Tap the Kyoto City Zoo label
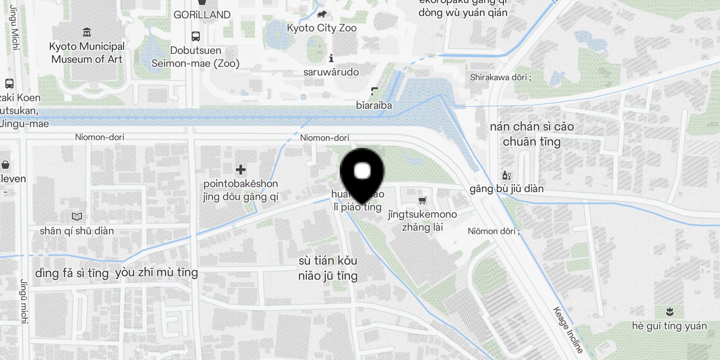pyautogui.click(x=322, y=28)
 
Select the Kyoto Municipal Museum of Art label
pyautogui.click(x=87, y=53)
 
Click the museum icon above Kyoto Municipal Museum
pyautogui.click(x=87, y=32)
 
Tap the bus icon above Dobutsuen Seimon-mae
pyautogui.click(x=195, y=36)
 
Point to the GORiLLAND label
pyautogui.click(x=202, y=15)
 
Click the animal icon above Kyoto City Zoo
pyautogui.click(x=321, y=15)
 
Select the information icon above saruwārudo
pyautogui.click(x=331, y=58)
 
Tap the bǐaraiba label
pyautogui.click(x=374, y=105)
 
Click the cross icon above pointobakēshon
pyautogui.click(x=241, y=169)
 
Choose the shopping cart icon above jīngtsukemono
pyautogui.click(x=422, y=200)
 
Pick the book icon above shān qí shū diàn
pyautogui.click(x=77, y=217)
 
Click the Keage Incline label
pyautogui.click(x=568, y=330)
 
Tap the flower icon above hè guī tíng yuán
pyautogui.click(x=670, y=311)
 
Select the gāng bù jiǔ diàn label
pyautogui.click(x=507, y=189)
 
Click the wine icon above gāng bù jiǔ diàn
pyautogui.click(x=507, y=175)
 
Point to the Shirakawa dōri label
pyautogui.click(x=500, y=77)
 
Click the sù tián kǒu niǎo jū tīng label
pyautogui.click(x=328, y=268)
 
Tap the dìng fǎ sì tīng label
pyautogui.click(x=72, y=273)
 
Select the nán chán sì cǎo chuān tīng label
pyautogui.click(x=532, y=134)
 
